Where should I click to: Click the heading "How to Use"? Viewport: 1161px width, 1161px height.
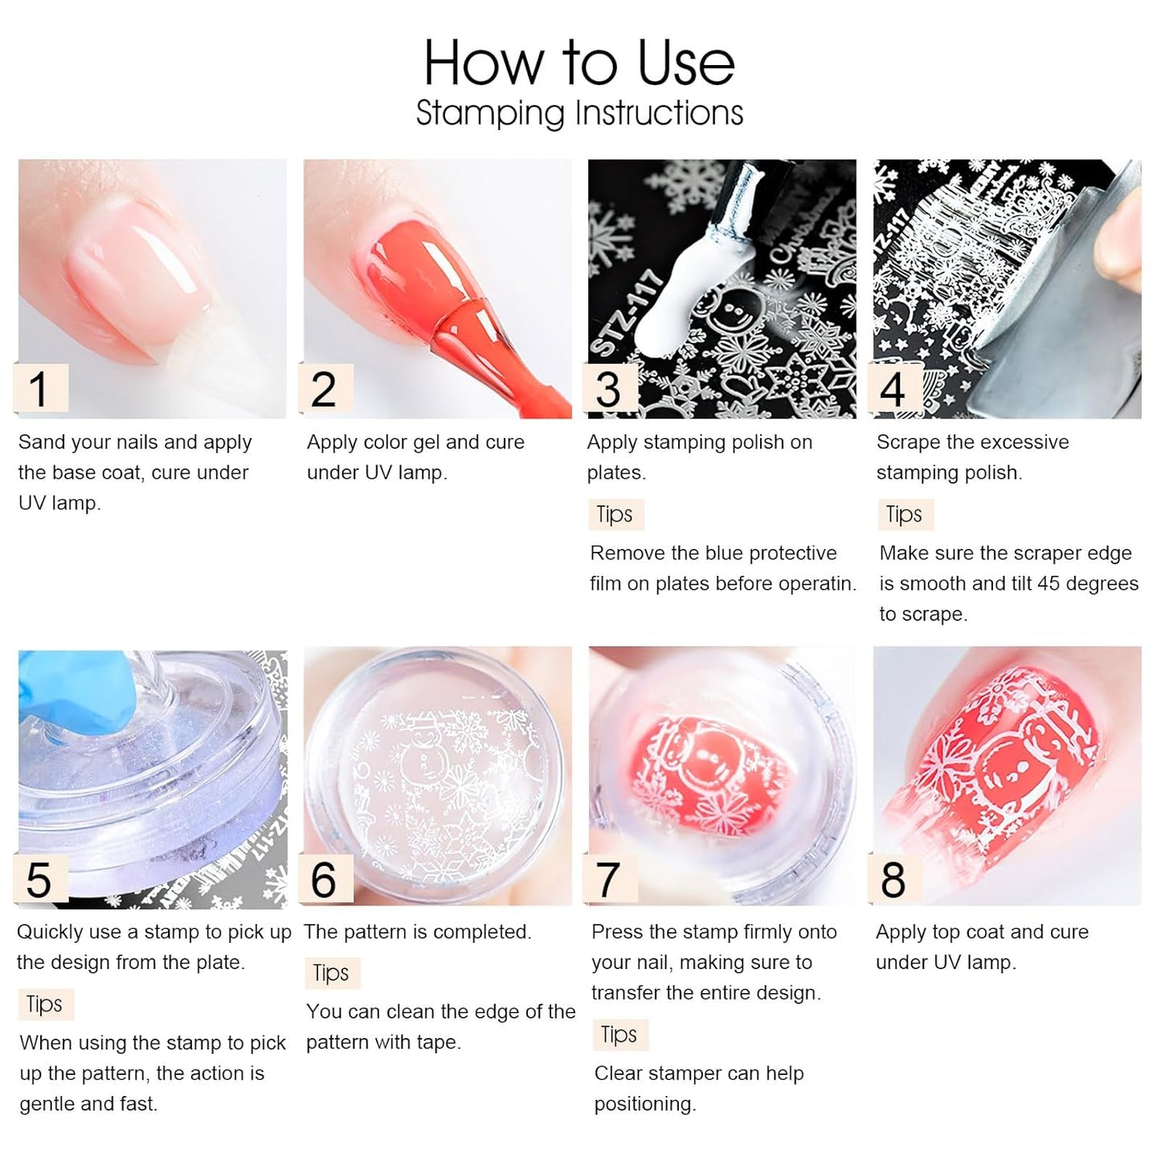pos(578,63)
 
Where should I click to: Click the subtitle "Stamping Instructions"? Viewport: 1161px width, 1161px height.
pos(578,113)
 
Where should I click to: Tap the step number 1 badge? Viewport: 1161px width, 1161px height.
pos(39,390)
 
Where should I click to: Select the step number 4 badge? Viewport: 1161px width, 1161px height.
pos(893,390)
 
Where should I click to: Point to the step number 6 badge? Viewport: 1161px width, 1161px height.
pos(324,880)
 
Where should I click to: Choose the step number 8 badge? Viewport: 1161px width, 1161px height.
pos(893,880)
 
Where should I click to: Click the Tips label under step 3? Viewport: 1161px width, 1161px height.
pos(615,514)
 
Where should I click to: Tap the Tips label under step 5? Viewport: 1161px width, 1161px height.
pos(44,1004)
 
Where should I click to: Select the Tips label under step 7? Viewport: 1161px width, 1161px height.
pos(619,1035)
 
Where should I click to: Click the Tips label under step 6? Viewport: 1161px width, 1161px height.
pos(331,973)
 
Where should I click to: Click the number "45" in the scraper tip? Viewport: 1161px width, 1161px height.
pos(1049,583)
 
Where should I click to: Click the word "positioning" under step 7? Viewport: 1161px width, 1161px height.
pos(644,1104)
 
